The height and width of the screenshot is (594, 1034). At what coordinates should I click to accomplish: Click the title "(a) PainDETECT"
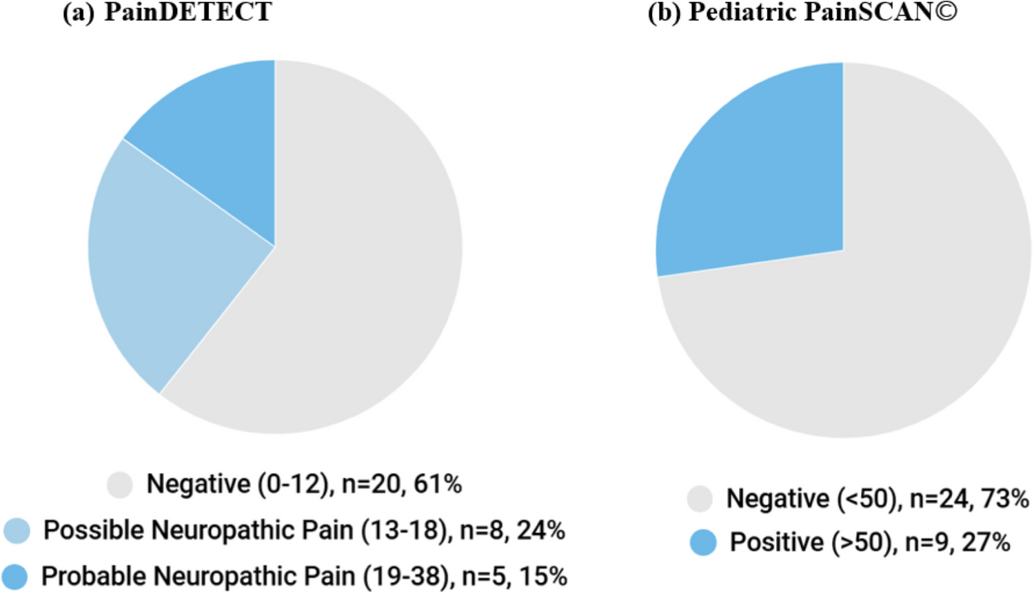click(168, 12)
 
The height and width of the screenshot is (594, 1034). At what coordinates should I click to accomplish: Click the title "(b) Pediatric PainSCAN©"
click(802, 12)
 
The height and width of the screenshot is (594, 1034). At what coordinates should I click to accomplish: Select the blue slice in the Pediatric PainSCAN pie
click(758, 179)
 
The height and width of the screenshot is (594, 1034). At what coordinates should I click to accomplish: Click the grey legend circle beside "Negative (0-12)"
click(120, 484)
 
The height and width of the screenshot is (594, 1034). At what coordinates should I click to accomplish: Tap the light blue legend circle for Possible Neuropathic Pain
click(17, 531)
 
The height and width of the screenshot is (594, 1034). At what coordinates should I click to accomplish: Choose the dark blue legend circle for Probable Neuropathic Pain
click(14, 576)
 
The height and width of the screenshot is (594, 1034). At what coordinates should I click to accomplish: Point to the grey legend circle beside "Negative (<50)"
click(700, 499)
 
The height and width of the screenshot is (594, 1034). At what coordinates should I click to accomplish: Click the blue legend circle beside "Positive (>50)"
click(703, 543)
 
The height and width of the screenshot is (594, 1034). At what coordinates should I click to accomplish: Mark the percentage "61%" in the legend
click(438, 484)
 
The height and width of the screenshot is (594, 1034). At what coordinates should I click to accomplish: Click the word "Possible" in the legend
click(93, 531)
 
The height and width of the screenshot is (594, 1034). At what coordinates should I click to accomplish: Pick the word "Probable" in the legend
click(92, 576)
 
